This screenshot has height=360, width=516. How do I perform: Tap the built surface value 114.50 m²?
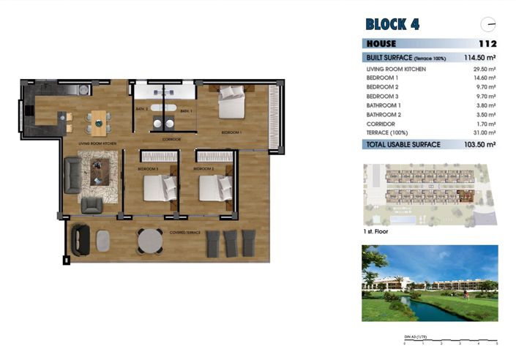480,57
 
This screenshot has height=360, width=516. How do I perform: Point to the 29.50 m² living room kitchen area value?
485,70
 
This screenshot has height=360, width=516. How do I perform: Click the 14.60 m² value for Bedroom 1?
485,78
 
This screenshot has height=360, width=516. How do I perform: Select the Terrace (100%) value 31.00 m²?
485,134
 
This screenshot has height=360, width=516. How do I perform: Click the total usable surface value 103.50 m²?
480,145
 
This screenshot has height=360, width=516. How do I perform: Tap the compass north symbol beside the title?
488,23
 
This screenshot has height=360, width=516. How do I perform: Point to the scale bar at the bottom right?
450,341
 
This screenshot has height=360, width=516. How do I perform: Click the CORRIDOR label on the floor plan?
171,138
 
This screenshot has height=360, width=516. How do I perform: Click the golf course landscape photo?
430,282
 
